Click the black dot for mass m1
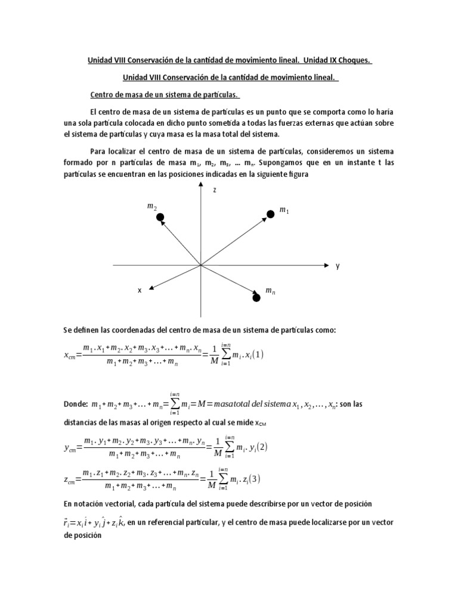[270, 213]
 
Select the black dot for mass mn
[256, 297]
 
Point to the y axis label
[337, 266]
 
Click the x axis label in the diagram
[140, 290]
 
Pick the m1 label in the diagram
[284, 211]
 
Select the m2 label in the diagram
[151, 206]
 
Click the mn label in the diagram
[270, 290]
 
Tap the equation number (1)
[258, 354]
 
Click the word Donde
[75, 404]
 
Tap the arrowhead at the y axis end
[325, 264]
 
